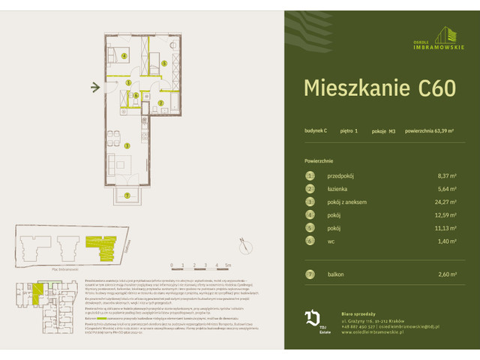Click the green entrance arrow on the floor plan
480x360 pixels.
94,88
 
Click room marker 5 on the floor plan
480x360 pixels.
164,64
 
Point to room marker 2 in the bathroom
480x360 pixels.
160,102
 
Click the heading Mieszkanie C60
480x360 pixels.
379,88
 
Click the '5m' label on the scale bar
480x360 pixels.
228,265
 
